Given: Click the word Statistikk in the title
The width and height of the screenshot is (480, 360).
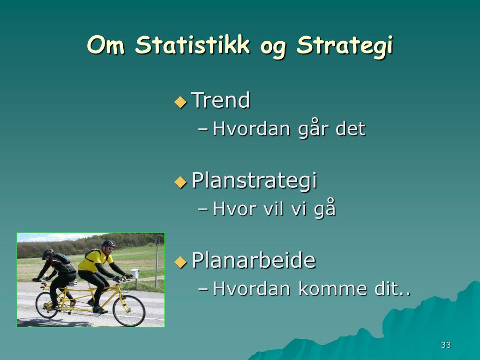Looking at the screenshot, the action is [193, 45].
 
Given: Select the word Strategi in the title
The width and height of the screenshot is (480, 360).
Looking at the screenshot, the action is [345, 46].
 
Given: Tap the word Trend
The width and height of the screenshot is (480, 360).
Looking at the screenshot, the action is [221, 100].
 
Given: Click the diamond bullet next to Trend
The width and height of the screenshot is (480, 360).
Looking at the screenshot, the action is [180, 102].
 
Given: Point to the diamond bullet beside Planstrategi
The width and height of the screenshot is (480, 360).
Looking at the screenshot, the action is [180, 182].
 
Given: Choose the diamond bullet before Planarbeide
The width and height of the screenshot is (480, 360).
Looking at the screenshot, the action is [180, 262].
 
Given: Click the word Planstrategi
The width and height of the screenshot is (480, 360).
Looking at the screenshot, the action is [254, 180].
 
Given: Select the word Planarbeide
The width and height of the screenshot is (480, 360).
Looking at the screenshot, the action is [254, 260].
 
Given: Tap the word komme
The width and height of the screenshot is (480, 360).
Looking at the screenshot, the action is [332, 289].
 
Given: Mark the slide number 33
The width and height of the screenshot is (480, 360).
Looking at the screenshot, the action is [446, 345].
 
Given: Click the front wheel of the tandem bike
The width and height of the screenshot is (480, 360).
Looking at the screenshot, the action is [129, 311].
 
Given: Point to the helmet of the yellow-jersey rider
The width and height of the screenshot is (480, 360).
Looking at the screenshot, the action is [108, 244].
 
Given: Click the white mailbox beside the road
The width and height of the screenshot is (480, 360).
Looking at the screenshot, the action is [135, 273].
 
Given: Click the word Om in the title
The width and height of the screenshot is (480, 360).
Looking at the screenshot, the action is [106, 45].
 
